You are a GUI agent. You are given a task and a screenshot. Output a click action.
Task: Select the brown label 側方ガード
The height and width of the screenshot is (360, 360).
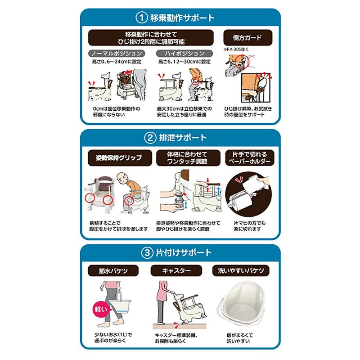(243, 38)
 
